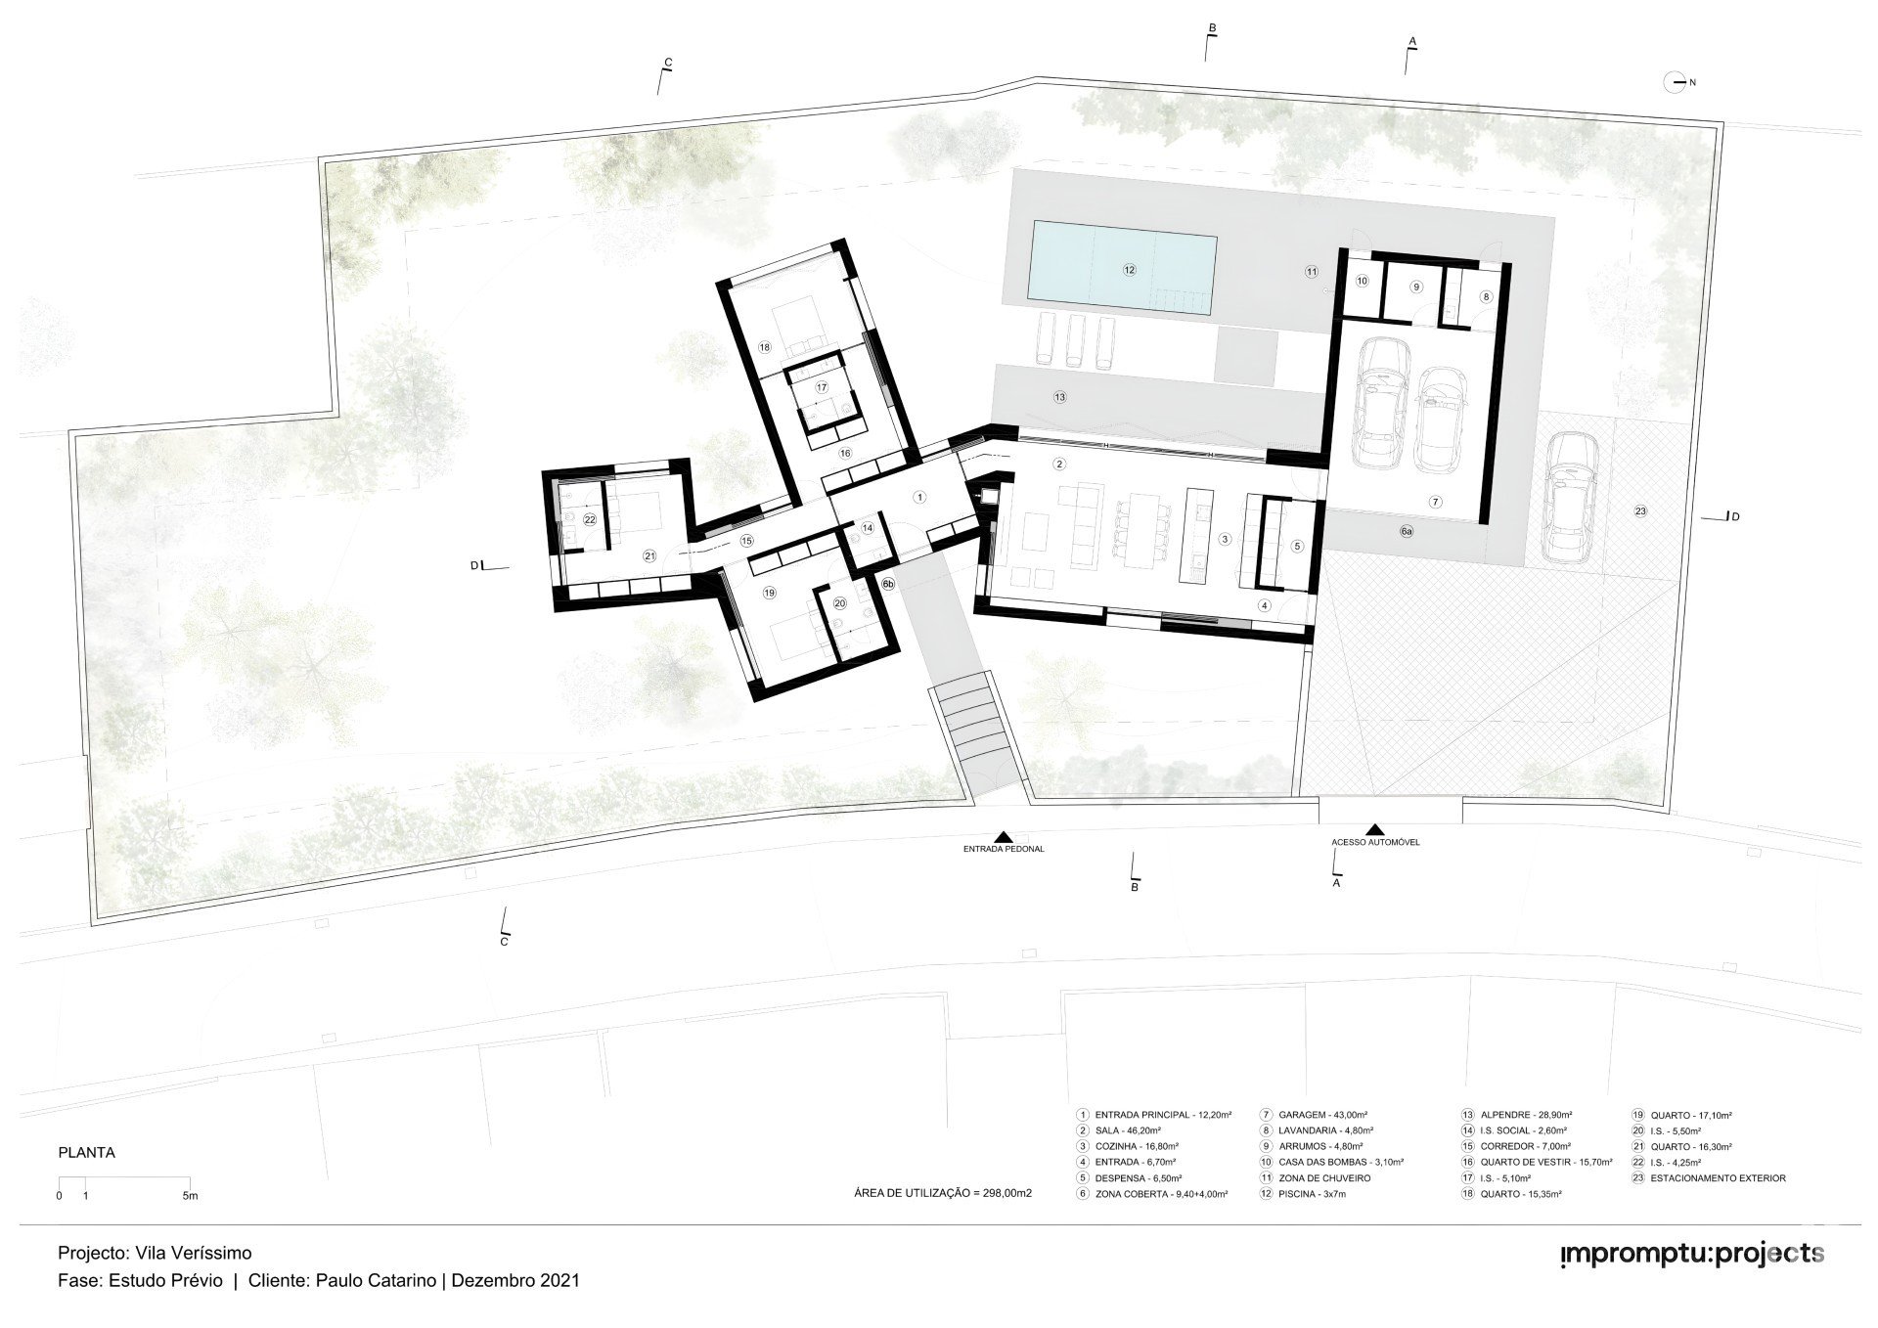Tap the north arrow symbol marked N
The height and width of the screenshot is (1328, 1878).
click(1678, 83)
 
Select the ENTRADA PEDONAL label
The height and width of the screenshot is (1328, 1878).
click(1004, 849)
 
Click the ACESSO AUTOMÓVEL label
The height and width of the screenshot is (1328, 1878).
click(1375, 841)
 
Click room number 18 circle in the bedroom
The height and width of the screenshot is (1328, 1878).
click(764, 347)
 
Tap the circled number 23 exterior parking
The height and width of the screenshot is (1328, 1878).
click(1640, 511)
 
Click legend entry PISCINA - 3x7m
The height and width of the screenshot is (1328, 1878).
click(1306, 1194)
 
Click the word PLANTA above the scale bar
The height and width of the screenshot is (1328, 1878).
click(87, 1153)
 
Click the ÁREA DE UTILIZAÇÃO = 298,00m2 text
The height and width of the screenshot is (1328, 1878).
click(943, 1194)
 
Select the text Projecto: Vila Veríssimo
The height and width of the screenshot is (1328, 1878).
click(155, 1253)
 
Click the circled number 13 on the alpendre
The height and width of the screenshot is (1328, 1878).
click(1059, 397)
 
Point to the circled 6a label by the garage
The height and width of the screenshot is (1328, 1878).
click(1407, 531)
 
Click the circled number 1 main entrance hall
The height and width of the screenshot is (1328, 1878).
click(918, 497)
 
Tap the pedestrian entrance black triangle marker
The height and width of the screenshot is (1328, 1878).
click(1004, 836)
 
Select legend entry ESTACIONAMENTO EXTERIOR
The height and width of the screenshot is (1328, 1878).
click(1709, 1178)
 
